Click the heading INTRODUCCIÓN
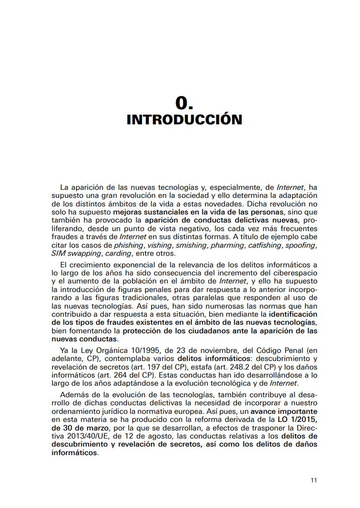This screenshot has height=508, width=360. [184, 120]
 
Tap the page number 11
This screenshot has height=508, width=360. [314, 480]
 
